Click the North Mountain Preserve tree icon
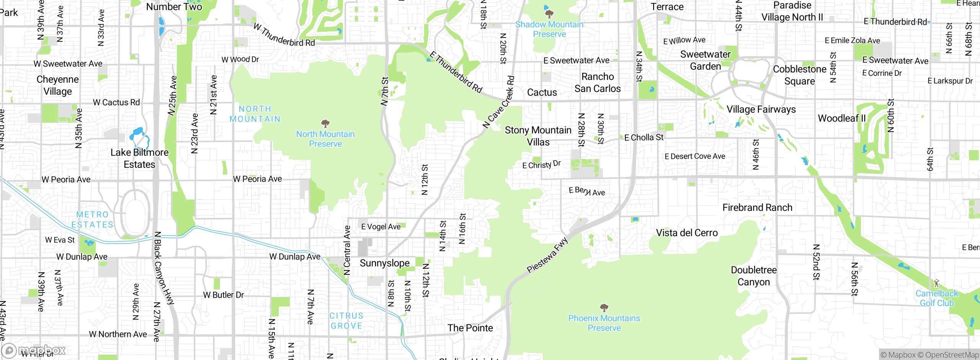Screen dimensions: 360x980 (325, 123)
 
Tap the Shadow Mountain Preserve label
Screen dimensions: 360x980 (549, 29)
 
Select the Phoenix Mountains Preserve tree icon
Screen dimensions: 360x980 (604, 308)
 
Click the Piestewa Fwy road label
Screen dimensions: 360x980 (547, 255)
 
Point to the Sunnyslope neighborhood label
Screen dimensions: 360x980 (384, 263)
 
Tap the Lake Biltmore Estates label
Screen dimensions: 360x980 (139, 158)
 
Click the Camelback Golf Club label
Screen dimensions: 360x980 (936, 298)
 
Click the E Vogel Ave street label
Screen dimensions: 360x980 (381, 227)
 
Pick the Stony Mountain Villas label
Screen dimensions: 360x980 (538, 136)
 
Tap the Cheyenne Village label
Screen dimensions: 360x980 (58, 85)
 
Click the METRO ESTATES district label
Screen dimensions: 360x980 (92, 219)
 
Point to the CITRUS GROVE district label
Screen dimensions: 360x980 (346, 321)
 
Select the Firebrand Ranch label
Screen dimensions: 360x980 (757, 208)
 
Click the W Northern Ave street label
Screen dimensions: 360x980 (118, 334)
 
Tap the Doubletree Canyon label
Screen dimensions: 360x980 (753, 276)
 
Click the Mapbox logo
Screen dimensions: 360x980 (34, 350)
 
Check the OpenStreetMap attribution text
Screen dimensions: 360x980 (949, 355)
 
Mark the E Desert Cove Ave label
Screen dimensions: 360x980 (695, 156)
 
